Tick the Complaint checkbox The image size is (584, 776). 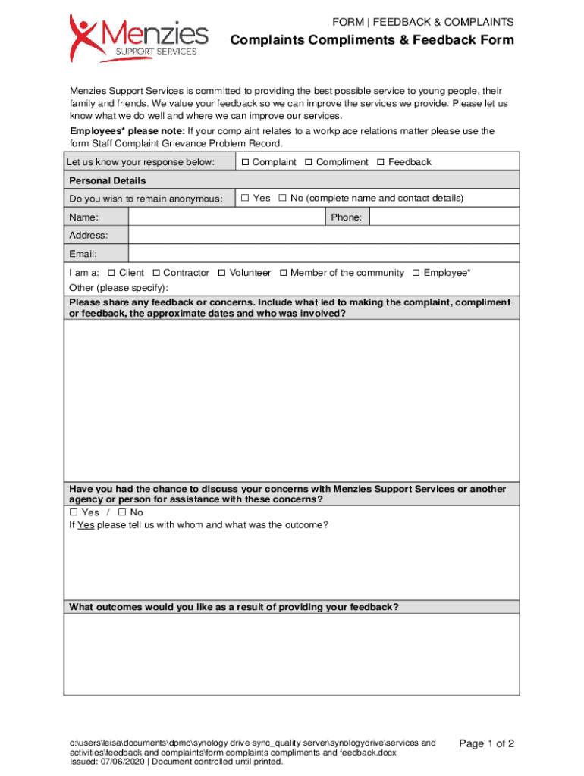pos(246,162)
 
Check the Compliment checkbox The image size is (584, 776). pos(309,162)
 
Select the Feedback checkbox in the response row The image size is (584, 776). pos(381,162)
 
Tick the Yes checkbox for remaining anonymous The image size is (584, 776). pos(246,199)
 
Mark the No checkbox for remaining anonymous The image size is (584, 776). pos(282,199)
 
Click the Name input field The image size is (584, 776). pos(227,217)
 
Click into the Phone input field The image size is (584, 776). pos(444,217)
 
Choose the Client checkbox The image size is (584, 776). pos(112,273)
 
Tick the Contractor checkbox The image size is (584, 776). pos(156,273)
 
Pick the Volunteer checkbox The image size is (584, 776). pos(222,273)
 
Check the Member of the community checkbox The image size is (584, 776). pos(283,273)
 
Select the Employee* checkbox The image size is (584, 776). pos(416,273)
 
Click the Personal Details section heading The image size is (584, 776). pos(108,180)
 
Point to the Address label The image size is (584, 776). pos(89,236)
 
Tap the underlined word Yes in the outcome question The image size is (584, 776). pos(86,525)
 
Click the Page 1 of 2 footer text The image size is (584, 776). pos(487,744)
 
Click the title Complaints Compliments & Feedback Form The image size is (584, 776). pos(372,40)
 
